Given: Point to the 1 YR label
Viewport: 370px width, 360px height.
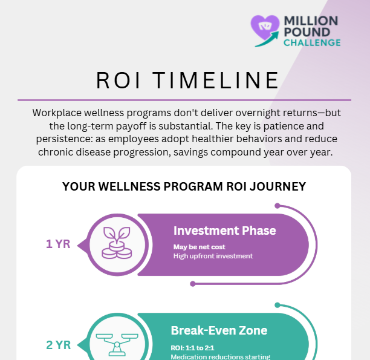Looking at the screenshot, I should [58, 244].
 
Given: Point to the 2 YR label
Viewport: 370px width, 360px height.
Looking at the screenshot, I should [58, 345].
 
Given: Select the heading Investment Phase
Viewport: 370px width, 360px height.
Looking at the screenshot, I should [224, 231].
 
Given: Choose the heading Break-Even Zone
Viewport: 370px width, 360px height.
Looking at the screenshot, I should [219, 330].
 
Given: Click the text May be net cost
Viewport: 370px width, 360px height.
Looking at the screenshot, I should [200, 247].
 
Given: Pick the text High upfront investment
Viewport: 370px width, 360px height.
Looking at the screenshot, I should [213, 256].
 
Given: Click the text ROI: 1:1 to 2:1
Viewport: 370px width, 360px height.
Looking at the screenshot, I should [192, 348].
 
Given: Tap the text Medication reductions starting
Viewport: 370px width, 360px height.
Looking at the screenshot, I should [220, 356].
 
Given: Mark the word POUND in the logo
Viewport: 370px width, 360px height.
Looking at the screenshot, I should [307, 31].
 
